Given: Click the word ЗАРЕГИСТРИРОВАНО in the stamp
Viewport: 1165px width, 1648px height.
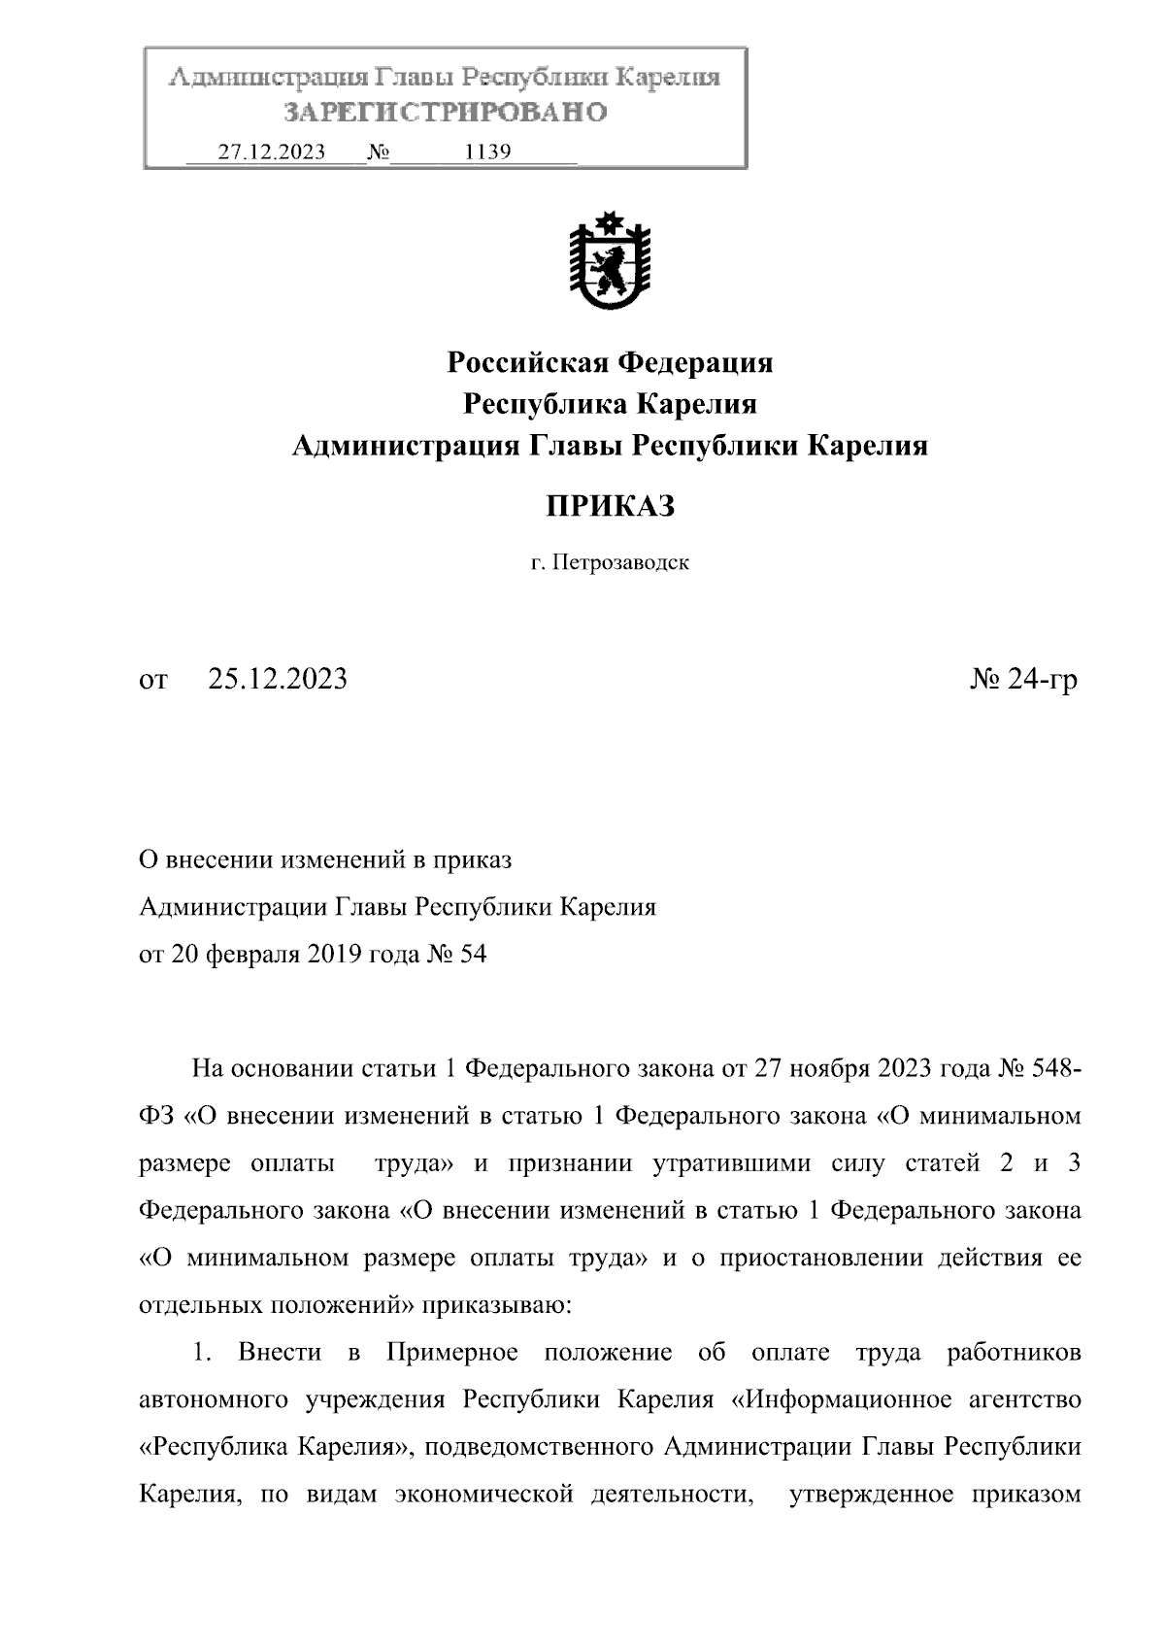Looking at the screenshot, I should point(446,113).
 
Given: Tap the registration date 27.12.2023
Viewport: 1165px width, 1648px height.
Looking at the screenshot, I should point(271,152).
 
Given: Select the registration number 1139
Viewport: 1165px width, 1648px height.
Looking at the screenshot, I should point(488,152).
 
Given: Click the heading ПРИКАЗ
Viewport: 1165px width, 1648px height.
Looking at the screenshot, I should point(609,506).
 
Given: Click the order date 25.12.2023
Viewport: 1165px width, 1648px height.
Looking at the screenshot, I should point(278,680).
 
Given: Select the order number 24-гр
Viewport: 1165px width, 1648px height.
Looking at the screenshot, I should point(1042,680).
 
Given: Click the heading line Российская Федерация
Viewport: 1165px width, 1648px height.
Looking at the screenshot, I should point(610,363).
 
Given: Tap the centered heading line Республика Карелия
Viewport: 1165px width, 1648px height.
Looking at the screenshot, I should point(610,404).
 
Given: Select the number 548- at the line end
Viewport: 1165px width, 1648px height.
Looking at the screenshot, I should point(1048,1069).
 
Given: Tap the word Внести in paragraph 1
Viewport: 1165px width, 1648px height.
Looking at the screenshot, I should point(280,1353).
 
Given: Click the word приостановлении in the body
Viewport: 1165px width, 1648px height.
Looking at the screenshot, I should point(822,1259).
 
